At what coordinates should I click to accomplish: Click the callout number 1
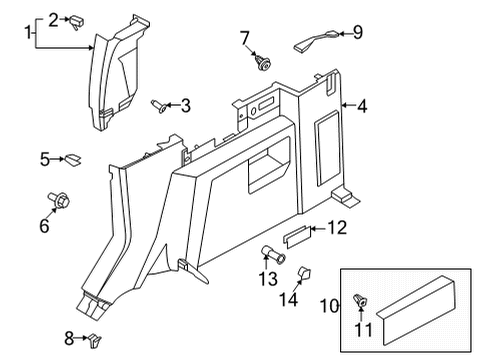(x=28, y=33)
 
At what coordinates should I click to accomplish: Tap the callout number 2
(x=53, y=17)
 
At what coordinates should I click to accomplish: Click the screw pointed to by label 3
(x=158, y=104)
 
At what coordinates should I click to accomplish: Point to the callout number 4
(x=362, y=103)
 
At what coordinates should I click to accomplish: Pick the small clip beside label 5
(x=73, y=158)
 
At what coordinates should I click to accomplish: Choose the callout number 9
(x=357, y=33)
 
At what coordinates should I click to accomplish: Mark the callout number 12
(x=337, y=229)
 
